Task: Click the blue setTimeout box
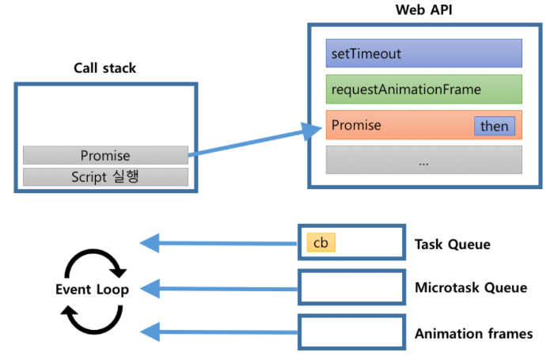(423, 54)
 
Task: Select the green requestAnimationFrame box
(423, 89)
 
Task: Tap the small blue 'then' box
(494, 126)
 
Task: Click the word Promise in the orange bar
(356, 125)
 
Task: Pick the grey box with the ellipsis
(423, 160)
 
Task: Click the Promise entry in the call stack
(105, 156)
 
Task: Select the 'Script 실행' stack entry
(105, 176)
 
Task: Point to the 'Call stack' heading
(104, 68)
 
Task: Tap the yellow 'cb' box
(321, 243)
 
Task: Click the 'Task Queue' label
(452, 244)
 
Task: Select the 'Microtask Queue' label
(470, 288)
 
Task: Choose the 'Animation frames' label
(473, 333)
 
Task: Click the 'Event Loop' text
(92, 289)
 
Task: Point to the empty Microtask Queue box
(351, 288)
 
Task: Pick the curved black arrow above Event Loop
(92, 262)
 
